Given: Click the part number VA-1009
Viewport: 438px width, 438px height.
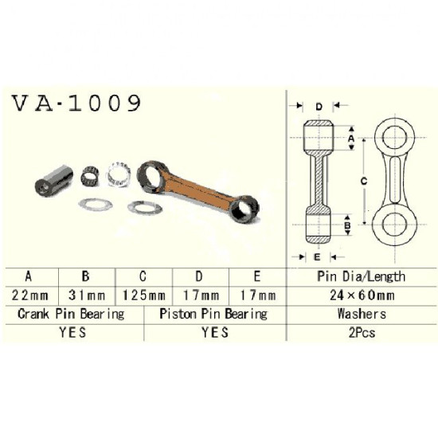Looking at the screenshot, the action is (x=76, y=103).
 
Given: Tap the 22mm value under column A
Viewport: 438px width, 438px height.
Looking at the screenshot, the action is (x=30, y=295).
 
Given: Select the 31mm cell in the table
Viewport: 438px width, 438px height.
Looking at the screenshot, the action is (x=87, y=295).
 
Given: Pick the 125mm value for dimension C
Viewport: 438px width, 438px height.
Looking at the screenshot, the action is (x=144, y=295).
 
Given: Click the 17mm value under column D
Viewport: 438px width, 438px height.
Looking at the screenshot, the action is (x=201, y=295).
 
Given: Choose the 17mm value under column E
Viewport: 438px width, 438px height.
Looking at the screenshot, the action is (x=258, y=295).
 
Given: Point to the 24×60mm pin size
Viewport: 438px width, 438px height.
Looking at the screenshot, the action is (x=362, y=295).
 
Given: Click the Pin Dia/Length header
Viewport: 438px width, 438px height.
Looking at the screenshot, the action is (x=362, y=276).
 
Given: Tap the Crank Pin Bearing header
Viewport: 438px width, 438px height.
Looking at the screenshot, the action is (x=71, y=314).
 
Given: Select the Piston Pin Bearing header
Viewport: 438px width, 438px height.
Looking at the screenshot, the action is (x=213, y=314).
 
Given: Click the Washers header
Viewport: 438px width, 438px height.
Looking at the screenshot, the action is (x=362, y=314).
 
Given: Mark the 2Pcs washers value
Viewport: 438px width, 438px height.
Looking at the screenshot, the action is (x=362, y=333).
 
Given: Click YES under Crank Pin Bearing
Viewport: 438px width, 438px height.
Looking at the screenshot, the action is (x=72, y=332).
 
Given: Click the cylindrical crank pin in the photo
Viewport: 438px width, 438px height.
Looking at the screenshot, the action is (x=54, y=181).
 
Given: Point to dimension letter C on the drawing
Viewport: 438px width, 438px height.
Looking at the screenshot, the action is (x=364, y=182).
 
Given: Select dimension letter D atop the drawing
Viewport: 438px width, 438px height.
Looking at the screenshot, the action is (x=319, y=107).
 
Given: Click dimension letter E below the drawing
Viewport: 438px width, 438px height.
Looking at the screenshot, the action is (x=317, y=257).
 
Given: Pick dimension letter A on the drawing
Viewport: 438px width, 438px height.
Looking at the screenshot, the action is (x=351, y=139).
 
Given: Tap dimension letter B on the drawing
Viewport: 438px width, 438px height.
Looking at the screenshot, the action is (x=347, y=225).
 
